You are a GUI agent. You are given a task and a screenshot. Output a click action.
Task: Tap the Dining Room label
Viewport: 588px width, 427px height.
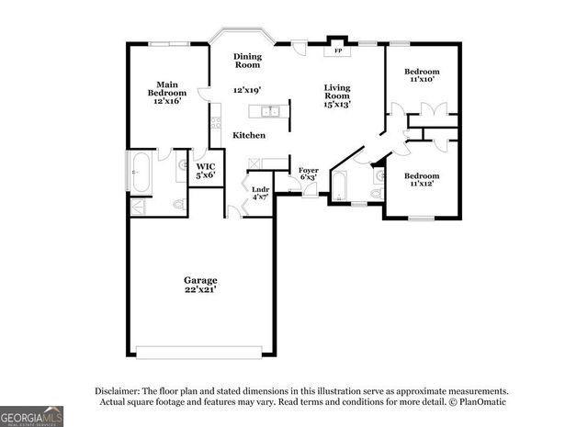pos(247,61)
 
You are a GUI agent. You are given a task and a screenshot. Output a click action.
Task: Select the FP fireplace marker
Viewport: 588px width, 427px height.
pos(338,51)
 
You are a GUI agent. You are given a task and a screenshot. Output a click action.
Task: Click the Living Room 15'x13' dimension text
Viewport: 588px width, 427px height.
pos(337,104)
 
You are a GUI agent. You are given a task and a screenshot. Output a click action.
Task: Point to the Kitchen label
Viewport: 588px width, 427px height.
pos(248,135)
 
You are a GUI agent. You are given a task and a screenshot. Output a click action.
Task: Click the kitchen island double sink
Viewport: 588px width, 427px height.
pos(270,112)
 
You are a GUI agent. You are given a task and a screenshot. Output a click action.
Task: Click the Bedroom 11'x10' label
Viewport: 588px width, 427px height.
pos(422,75)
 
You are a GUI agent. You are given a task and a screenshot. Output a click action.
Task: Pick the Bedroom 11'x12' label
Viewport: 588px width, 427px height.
pos(423,179)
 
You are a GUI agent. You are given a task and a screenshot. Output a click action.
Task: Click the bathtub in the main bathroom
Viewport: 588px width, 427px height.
pos(140,174)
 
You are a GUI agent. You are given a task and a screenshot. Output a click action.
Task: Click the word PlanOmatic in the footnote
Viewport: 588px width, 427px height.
pos(480,401)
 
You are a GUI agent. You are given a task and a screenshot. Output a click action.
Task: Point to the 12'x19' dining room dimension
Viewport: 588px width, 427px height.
pos(247,90)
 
